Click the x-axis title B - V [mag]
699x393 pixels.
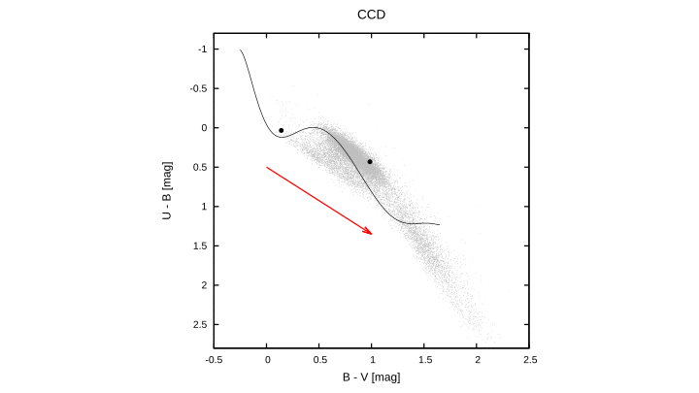click(372, 377)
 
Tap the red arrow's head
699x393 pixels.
click(371, 233)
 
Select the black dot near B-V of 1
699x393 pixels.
click(370, 162)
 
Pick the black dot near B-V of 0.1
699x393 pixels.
click(282, 130)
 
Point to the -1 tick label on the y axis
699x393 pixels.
click(202, 49)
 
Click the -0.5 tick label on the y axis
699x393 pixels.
click(198, 88)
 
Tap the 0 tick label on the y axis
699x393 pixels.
click(204, 128)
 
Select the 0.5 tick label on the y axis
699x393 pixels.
click(200, 167)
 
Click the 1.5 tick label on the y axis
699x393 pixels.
click(200, 246)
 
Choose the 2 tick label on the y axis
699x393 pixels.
click(204, 285)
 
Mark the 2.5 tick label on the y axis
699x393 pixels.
click(200, 324)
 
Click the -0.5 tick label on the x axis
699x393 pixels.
click(215, 360)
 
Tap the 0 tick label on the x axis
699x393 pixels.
click(267, 360)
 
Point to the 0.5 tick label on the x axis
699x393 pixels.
click(319, 360)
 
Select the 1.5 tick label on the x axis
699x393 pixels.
click(424, 360)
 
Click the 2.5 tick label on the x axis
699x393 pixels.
click(529, 360)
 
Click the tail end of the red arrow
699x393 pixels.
click(267, 167)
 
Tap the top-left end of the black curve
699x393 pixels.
click(241, 49)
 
